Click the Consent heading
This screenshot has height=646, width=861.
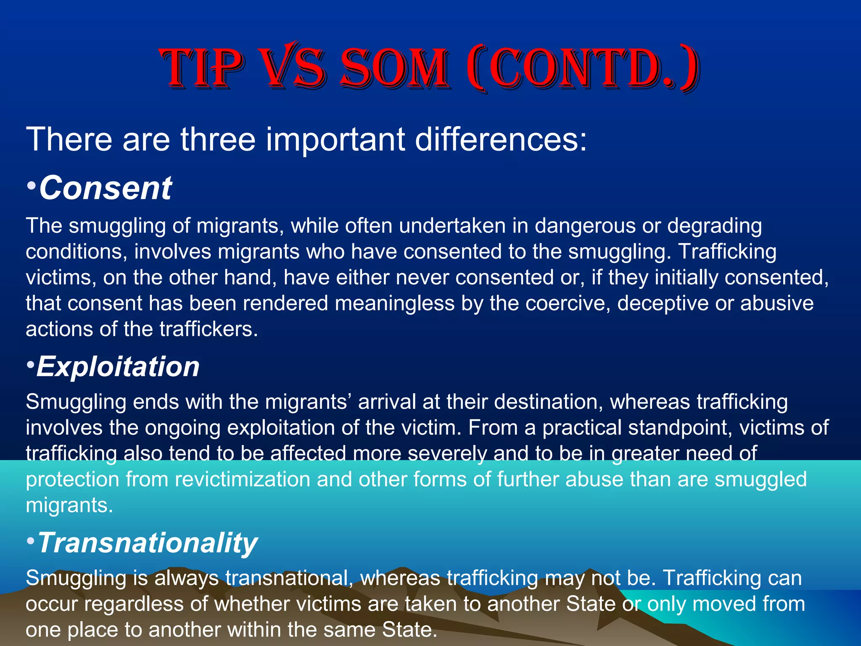[105, 188]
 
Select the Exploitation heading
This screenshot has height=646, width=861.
[118, 367]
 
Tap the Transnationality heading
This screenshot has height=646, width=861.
[147, 543]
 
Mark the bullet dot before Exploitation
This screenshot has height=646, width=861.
[30, 364]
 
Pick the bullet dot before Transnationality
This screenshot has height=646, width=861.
[30, 540]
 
